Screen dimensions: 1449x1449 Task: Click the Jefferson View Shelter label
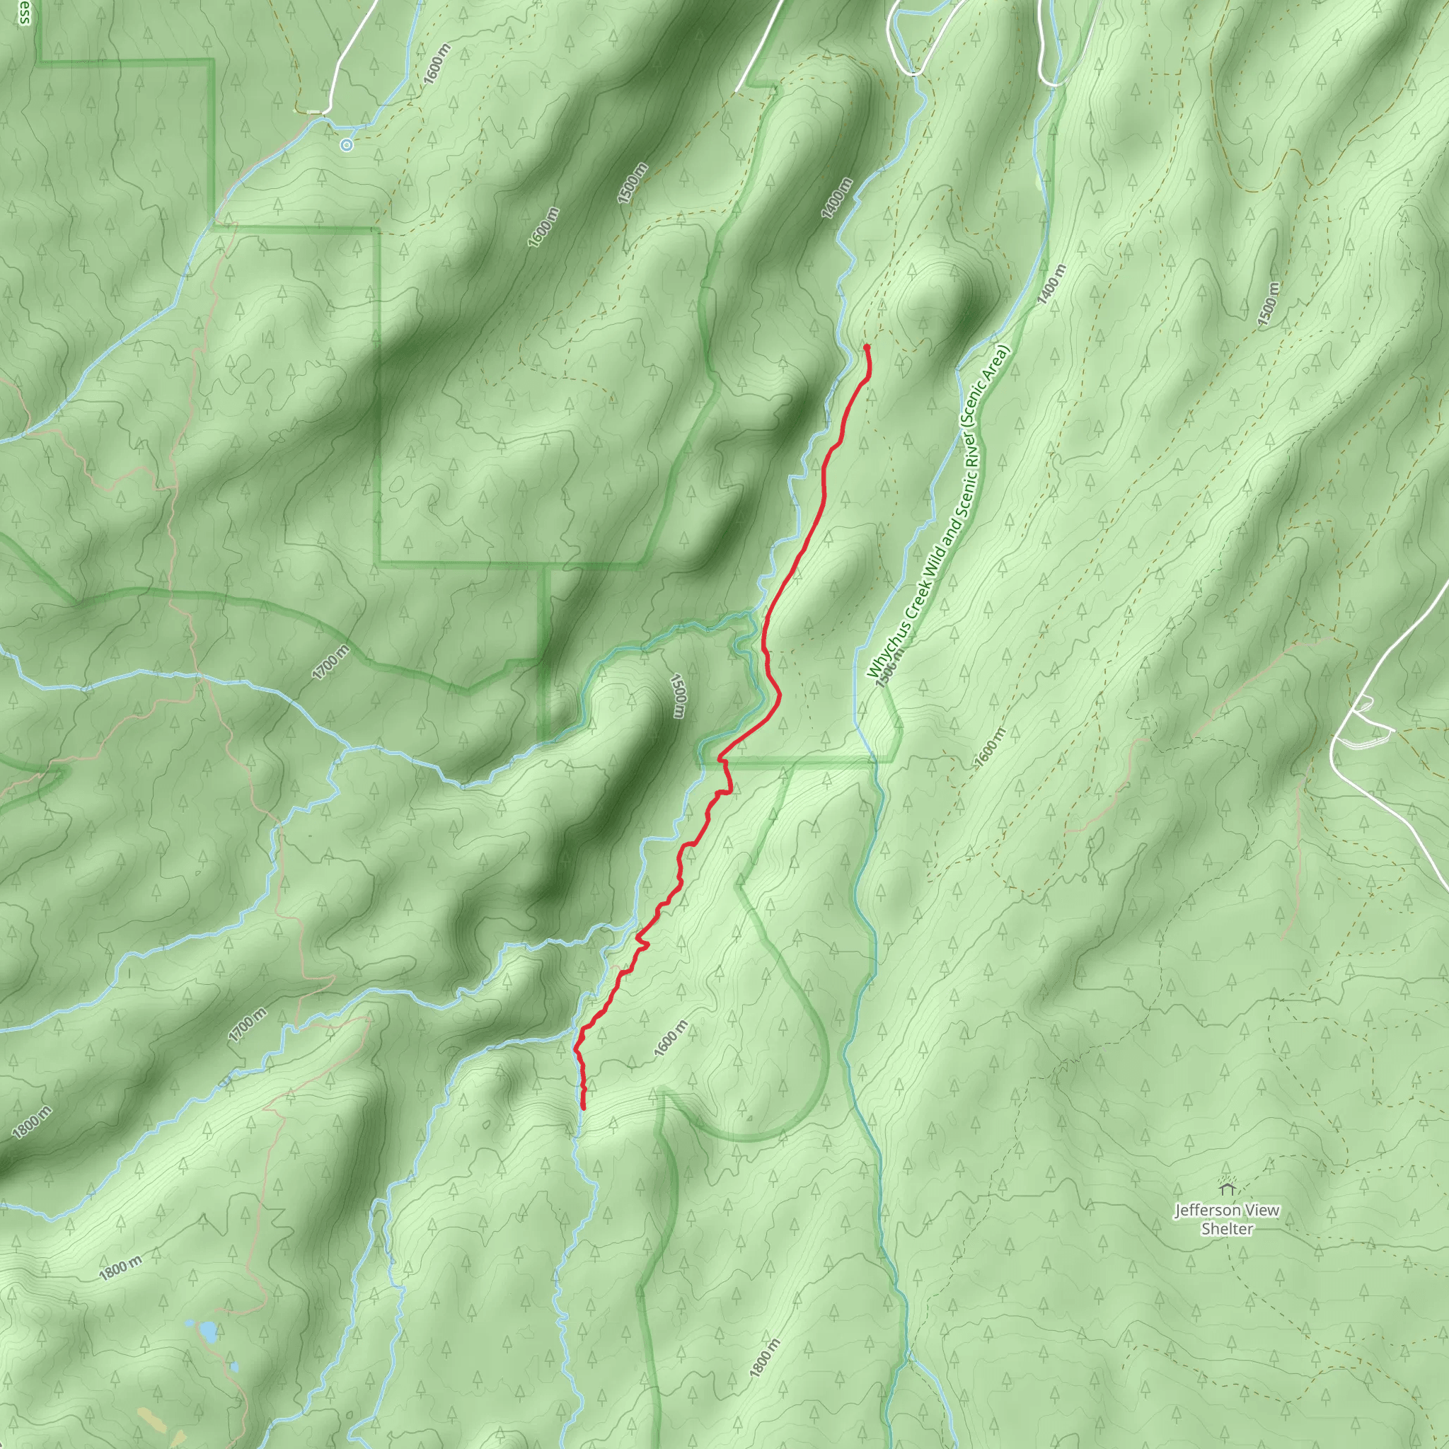(x=1226, y=1220)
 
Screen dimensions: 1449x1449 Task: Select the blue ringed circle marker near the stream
(x=346, y=145)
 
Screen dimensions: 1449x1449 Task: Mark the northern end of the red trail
(x=866, y=347)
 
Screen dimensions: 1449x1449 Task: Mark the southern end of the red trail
(x=584, y=1107)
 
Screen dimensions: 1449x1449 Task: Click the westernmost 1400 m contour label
(x=837, y=198)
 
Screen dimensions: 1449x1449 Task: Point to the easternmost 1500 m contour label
(x=1266, y=303)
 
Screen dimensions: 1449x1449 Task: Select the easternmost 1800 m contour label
(x=764, y=1358)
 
